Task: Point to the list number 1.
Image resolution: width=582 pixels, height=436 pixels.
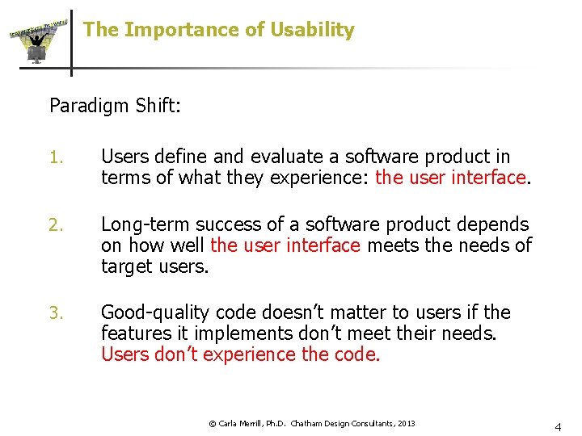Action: (x=55, y=157)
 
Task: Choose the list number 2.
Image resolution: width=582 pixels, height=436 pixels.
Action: (x=56, y=224)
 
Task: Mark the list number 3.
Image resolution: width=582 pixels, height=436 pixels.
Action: (x=56, y=312)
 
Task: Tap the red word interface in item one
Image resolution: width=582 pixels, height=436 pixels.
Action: (x=487, y=177)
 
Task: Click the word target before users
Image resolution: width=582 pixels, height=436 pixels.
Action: (x=125, y=266)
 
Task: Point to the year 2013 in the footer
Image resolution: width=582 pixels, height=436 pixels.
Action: (x=406, y=423)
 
